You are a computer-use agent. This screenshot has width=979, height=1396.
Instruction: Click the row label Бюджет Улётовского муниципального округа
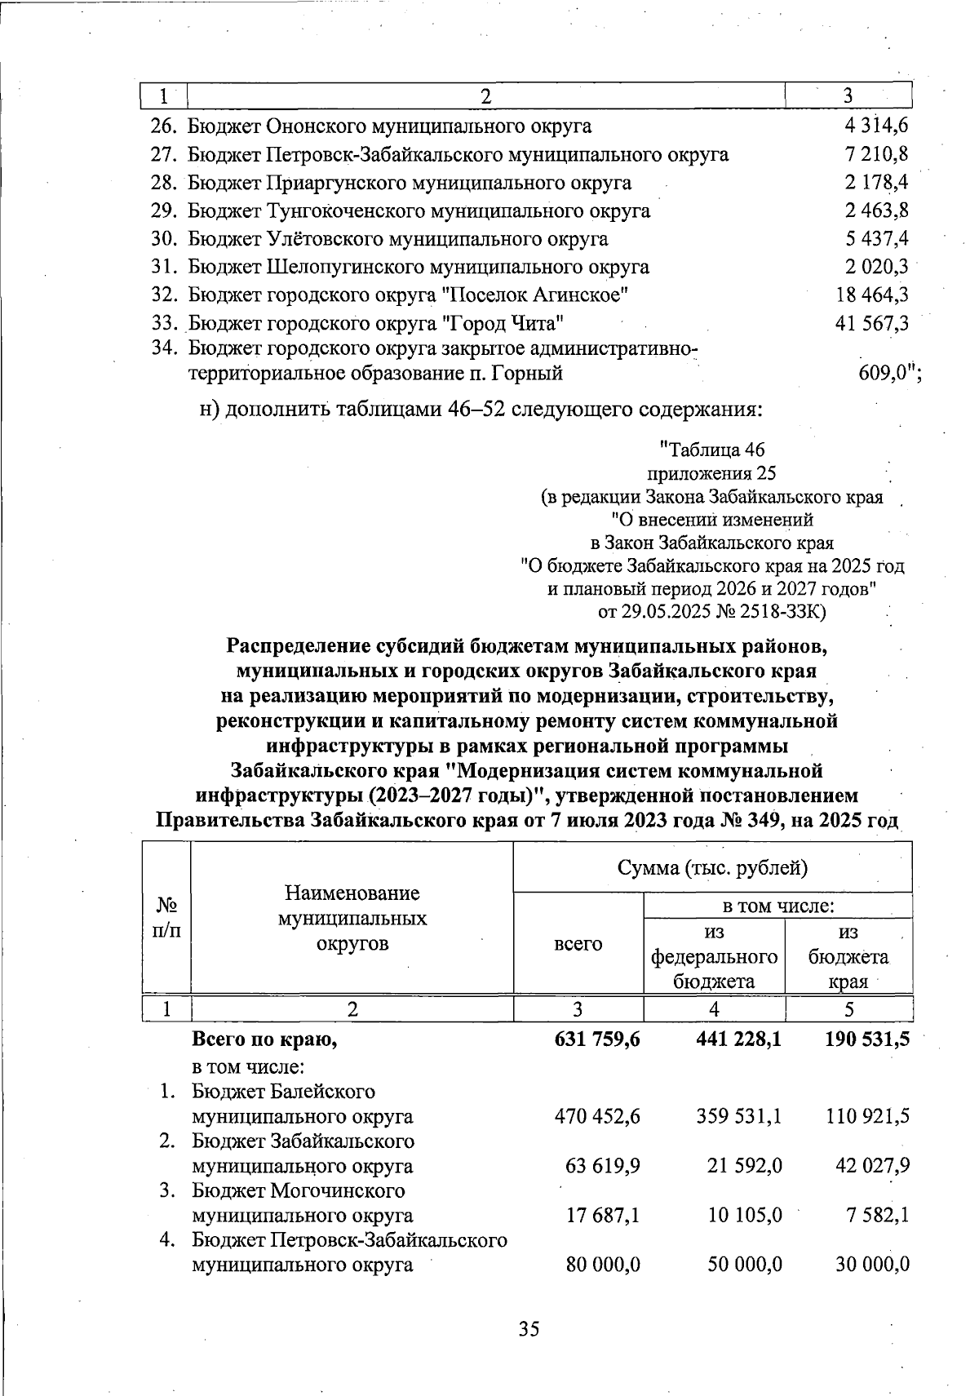[x=398, y=239]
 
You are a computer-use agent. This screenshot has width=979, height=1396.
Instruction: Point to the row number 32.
[x=165, y=295]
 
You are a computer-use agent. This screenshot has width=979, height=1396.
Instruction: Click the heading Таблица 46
[x=712, y=450]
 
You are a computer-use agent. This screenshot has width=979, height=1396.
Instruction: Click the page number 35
[x=529, y=1329]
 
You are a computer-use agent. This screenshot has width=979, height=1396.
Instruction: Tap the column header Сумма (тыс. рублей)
[x=712, y=867]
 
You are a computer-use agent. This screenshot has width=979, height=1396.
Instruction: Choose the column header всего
[x=578, y=944]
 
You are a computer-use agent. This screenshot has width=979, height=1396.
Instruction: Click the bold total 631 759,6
[x=596, y=1040]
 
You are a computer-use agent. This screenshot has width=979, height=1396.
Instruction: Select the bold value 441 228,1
[x=733, y=1040]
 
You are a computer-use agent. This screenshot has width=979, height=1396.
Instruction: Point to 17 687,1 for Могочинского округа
[x=603, y=1216]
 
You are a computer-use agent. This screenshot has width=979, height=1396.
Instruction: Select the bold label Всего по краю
[x=264, y=1040]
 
